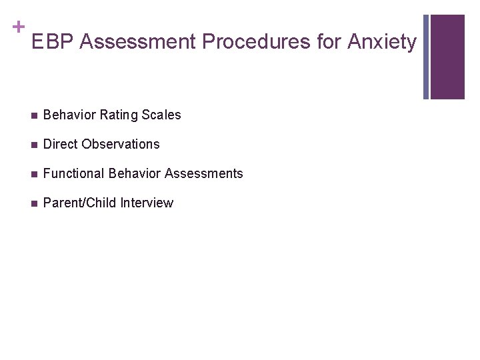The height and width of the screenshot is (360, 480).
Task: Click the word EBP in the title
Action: tap(53, 42)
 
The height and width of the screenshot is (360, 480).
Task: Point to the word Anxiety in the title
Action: tap(382, 42)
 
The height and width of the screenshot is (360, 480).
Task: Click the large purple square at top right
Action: tap(447, 57)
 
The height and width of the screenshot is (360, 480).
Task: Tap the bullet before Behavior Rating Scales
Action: tap(33, 115)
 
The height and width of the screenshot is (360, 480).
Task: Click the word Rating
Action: tap(117, 115)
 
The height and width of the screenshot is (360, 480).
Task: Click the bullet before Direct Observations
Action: tap(33, 145)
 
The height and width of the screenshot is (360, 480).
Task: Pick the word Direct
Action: tap(60, 144)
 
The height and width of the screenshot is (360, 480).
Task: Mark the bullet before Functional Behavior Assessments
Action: tap(33, 174)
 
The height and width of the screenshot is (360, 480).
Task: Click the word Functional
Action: tap(73, 173)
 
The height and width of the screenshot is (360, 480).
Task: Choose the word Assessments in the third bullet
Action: tap(204, 173)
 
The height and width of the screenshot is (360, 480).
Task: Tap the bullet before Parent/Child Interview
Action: tap(33, 203)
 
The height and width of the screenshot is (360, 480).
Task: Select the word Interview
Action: tap(147, 203)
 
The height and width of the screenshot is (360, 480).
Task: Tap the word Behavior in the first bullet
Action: tap(70, 115)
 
